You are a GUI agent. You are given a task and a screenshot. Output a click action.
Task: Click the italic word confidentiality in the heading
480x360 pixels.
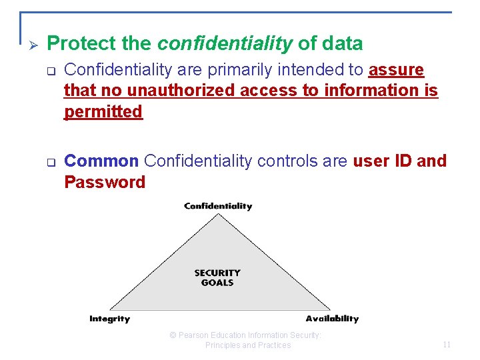[x=225, y=44]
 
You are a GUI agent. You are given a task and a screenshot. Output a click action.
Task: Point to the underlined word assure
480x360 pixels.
[x=396, y=70]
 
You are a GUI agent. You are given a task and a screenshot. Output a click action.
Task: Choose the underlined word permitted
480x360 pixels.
[x=103, y=112]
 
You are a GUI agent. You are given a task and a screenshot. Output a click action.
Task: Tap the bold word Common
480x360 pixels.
[x=101, y=161]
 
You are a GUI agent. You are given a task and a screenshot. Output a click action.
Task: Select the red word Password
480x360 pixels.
[x=105, y=182]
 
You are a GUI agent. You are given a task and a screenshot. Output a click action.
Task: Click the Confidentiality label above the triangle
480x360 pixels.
[x=218, y=206]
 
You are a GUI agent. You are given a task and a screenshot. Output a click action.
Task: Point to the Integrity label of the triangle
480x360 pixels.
[x=110, y=319]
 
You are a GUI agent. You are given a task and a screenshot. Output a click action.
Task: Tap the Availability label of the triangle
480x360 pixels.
[x=332, y=319]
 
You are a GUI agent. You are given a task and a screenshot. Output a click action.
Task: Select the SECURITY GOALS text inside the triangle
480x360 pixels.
[x=217, y=277]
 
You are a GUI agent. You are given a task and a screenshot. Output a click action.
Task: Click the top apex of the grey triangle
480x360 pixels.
[x=218, y=215]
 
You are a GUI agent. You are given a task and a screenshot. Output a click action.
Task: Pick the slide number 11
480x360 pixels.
[x=447, y=345]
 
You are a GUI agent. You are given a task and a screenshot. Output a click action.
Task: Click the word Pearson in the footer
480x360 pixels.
[x=196, y=335]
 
